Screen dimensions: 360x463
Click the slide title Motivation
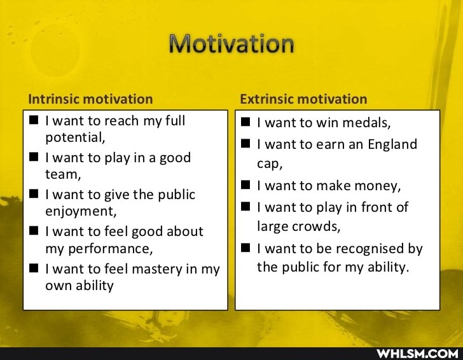click(231, 44)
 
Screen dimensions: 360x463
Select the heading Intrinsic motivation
click(90, 99)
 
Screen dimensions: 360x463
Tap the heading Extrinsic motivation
click(303, 99)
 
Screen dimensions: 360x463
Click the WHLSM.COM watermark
click(417, 353)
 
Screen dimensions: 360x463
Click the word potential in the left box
click(74, 137)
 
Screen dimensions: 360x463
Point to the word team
click(61, 174)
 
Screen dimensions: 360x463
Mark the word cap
click(268, 163)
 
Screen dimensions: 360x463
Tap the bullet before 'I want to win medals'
click(245, 122)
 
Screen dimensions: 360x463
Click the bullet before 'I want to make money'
click(245, 186)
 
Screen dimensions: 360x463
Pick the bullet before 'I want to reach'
click(34, 120)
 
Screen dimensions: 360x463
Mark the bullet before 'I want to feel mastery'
click(34, 268)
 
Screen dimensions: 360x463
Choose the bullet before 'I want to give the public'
click(34, 194)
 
